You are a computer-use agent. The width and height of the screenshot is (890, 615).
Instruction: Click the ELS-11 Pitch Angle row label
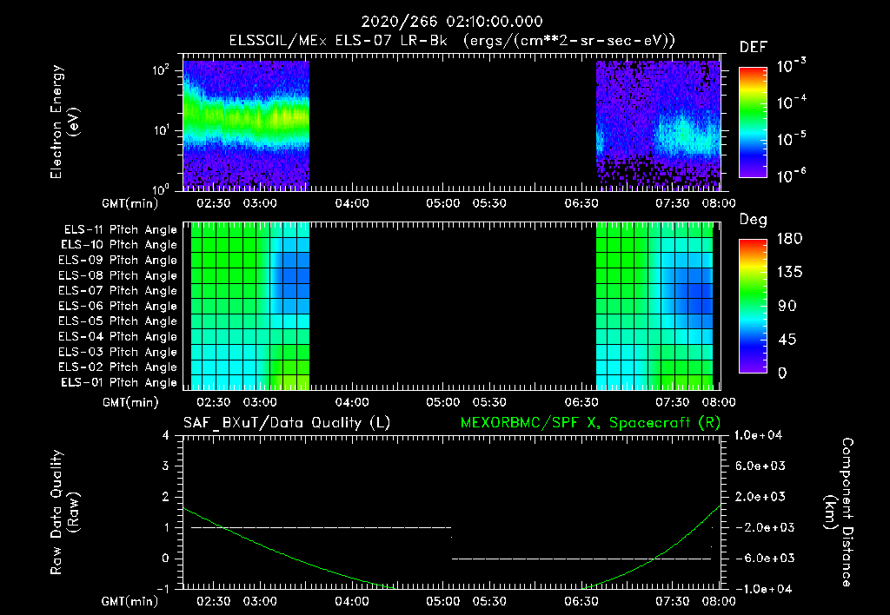coord(120,229)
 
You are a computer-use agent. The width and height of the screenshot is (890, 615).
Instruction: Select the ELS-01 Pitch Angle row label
coord(120,382)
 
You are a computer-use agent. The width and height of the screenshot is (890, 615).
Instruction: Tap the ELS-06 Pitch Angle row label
coord(120,306)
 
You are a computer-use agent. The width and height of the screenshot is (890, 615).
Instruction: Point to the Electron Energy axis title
coord(64,121)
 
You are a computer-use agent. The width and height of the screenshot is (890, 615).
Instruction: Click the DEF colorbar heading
coord(753,48)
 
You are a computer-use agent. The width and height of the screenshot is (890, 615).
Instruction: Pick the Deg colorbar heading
coord(753,220)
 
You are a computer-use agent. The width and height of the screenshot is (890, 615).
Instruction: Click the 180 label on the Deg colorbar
coord(788,239)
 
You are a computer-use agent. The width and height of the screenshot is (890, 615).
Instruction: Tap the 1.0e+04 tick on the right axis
coord(760,434)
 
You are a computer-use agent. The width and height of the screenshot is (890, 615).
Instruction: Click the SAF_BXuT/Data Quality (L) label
coord(286,423)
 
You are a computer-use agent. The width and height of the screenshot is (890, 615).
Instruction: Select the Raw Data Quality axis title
coord(64,512)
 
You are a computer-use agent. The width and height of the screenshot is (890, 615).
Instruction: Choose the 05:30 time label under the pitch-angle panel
coord(490,402)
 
